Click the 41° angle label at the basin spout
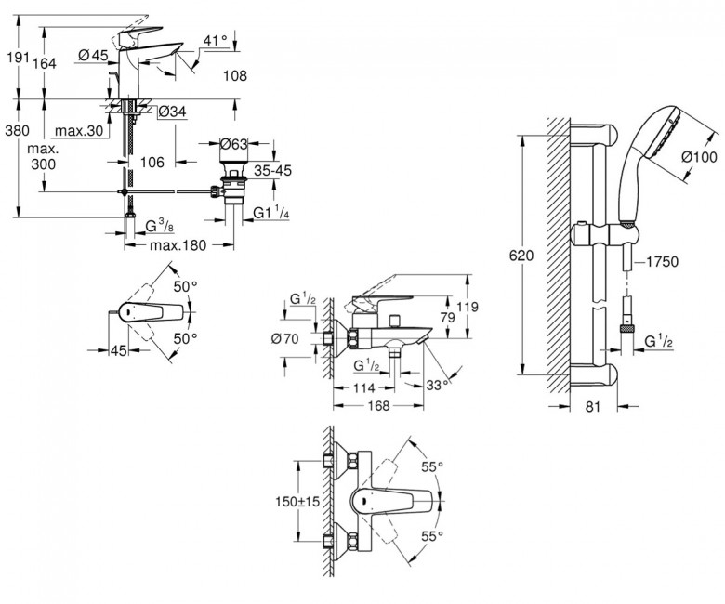tap(215, 40)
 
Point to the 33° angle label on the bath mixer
tap(438, 384)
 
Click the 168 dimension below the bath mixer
tap(375, 405)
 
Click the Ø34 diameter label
tap(173, 112)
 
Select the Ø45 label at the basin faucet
tap(95, 55)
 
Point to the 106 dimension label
tap(152, 162)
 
